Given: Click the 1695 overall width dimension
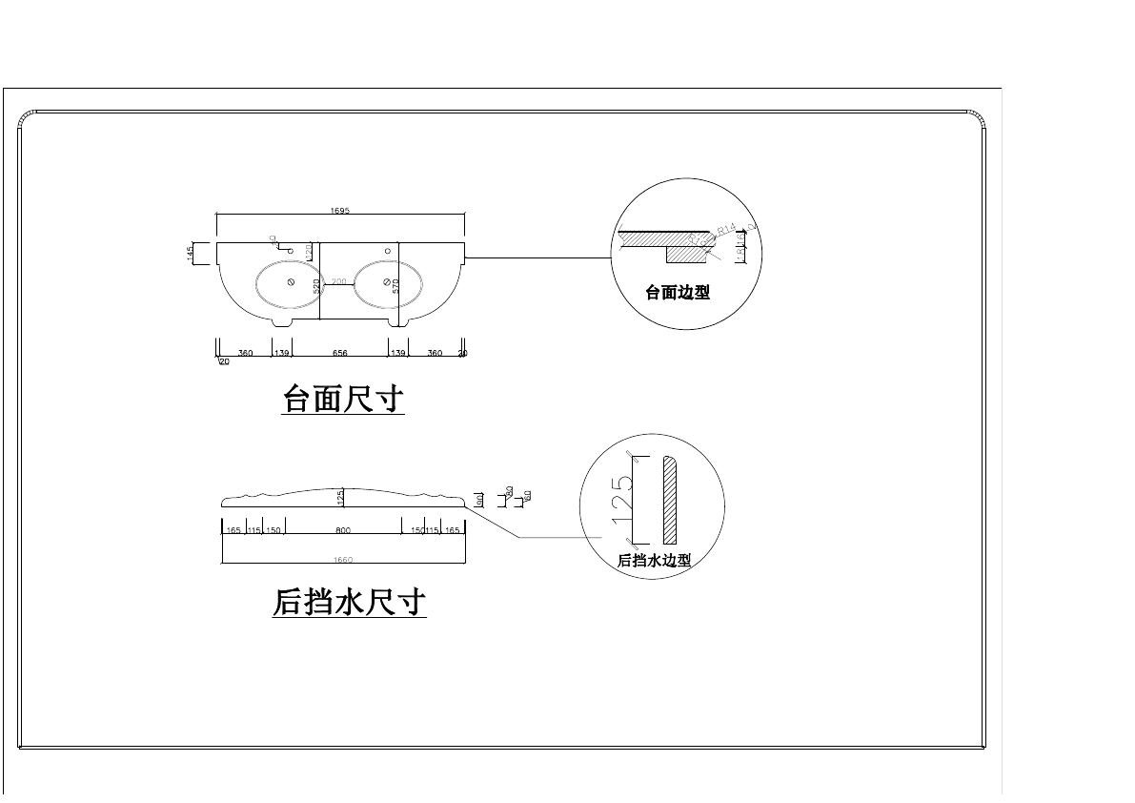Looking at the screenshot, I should (340, 211).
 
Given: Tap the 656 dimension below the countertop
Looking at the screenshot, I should (340, 353).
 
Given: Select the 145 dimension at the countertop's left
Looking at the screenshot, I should (191, 253).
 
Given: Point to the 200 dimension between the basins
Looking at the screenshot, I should (337, 282).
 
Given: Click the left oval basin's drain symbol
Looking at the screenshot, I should (290, 283).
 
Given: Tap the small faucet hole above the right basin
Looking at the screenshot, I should (388, 251).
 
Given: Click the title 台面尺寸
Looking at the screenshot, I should (344, 399).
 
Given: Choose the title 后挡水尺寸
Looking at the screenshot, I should (349, 603).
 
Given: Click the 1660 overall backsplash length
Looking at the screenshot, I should (343, 560).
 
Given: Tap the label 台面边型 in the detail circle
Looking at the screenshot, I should (678, 293).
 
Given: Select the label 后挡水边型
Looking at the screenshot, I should (654, 561).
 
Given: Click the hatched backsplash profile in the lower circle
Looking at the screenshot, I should (669, 500).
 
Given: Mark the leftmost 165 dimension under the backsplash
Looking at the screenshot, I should (233, 530).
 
